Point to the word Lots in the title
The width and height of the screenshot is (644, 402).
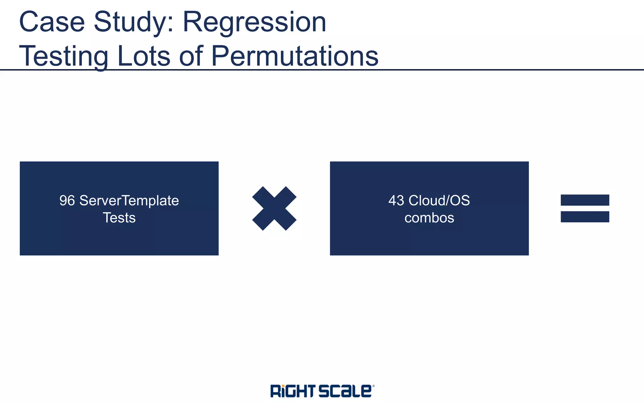[x=144, y=56]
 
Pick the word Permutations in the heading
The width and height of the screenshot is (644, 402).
[x=295, y=56]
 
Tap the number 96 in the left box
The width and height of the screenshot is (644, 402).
[x=67, y=200]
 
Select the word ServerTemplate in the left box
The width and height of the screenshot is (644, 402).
[x=129, y=200]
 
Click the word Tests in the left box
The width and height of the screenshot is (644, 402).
[x=119, y=218]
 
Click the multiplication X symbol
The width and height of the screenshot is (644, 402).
[x=274, y=209]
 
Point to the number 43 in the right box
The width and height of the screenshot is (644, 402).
[x=396, y=200]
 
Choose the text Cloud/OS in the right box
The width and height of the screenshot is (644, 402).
[x=439, y=200]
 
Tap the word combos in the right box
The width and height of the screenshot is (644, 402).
[x=429, y=218]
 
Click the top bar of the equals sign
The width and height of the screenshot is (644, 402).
[x=585, y=200]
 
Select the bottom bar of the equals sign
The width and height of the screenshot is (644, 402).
[x=585, y=217]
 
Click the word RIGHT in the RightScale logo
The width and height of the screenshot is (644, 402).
[x=292, y=391]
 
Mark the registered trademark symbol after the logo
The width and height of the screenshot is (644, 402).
[x=373, y=386]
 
